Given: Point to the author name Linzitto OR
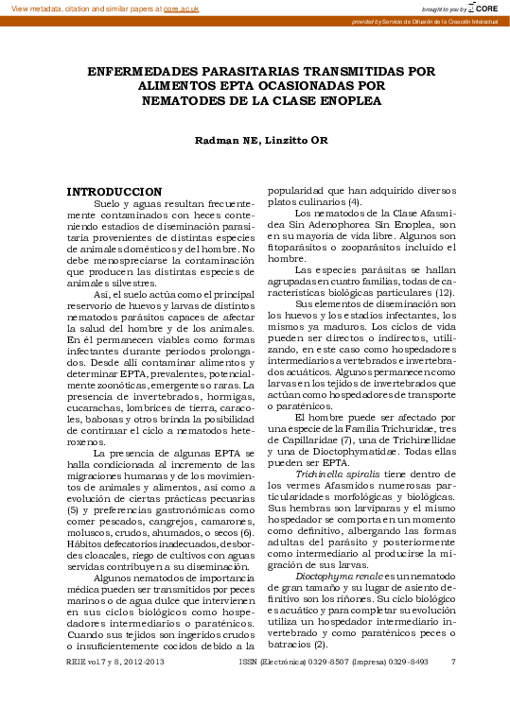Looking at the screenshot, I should coord(290,141).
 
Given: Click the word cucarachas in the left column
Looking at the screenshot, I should coord(93,394).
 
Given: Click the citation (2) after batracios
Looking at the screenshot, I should coord(321,643).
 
